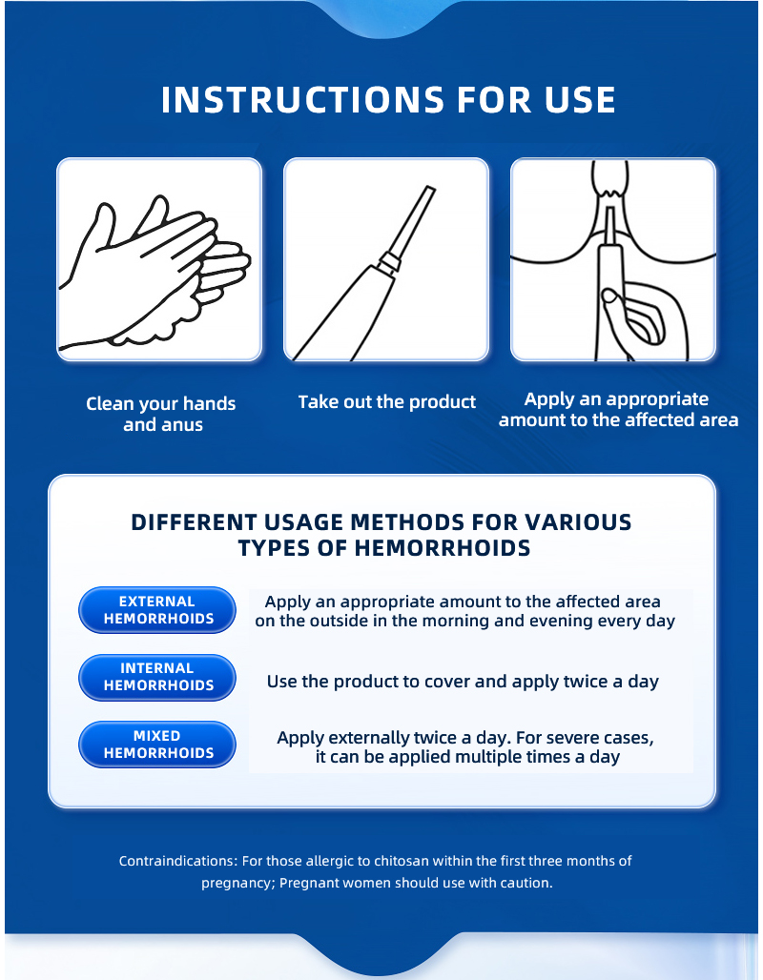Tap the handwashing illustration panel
click(x=159, y=259)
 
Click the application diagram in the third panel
click(x=613, y=259)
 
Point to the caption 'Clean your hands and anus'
click(x=161, y=414)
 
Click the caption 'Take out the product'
click(x=386, y=402)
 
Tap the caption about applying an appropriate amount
click(x=618, y=409)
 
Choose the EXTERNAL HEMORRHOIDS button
click(x=157, y=610)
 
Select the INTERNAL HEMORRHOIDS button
click(x=157, y=678)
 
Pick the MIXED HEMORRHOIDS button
click(x=157, y=745)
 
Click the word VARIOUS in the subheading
click(x=578, y=521)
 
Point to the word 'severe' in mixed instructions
click(x=571, y=738)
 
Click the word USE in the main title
click(x=580, y=99)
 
